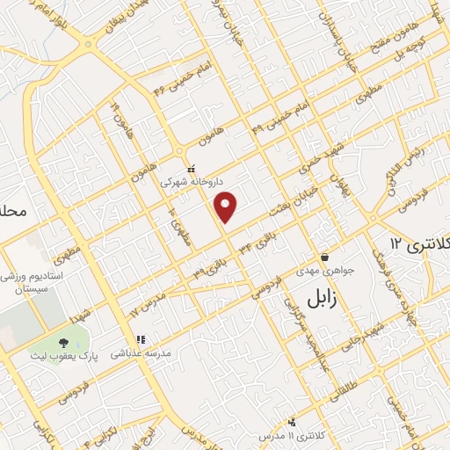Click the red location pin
[x=227, y=206]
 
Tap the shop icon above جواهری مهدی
[x=325, y=258]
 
